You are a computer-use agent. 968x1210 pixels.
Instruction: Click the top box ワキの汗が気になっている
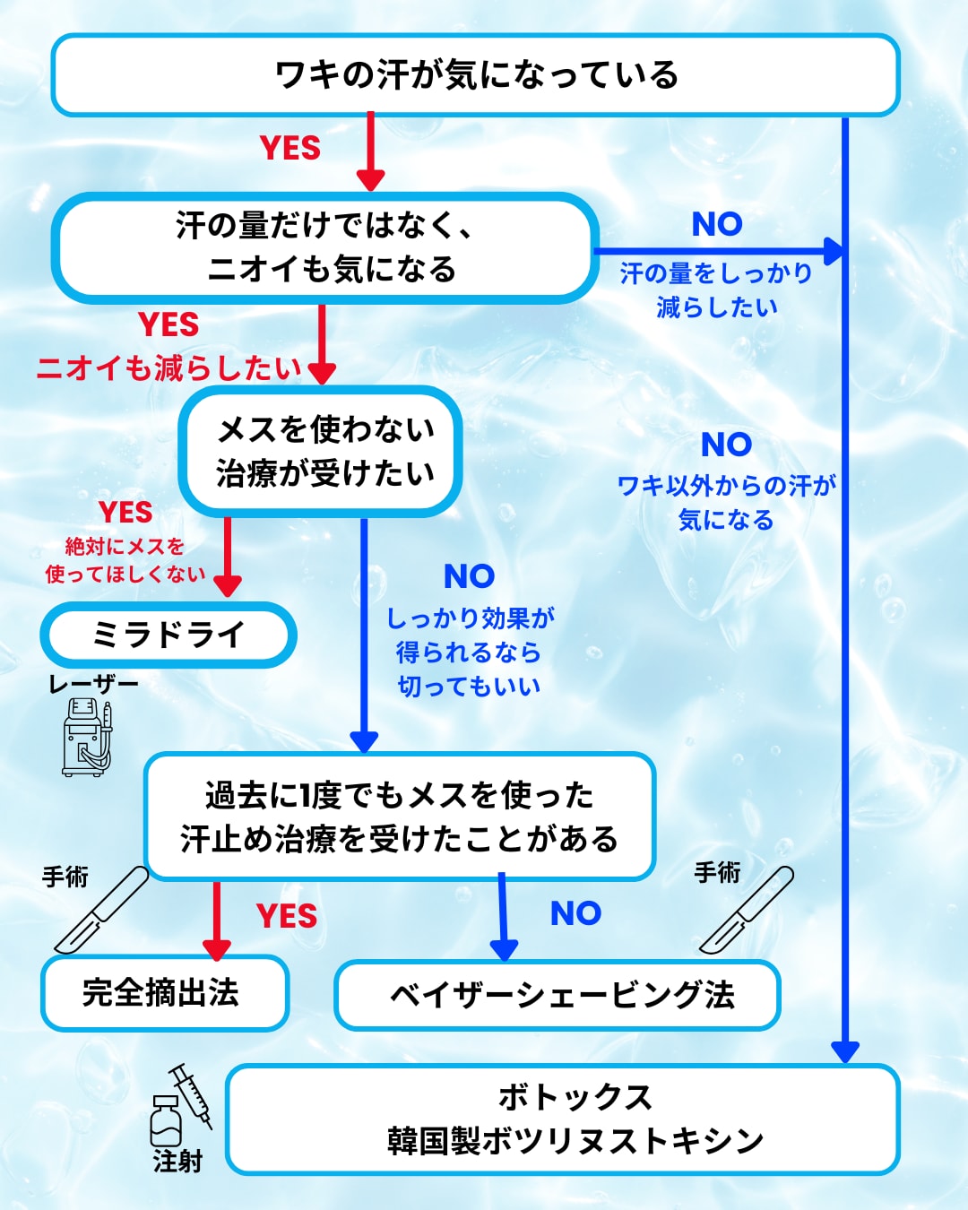(x=475, y=75)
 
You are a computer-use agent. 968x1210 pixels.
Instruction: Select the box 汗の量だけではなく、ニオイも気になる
(x=324, y=248)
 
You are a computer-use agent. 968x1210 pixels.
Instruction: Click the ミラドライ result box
(x=169, y=635)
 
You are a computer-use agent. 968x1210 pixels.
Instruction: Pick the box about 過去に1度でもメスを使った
(x=400, y=817)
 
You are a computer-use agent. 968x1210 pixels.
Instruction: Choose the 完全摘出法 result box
(x=165, y=993)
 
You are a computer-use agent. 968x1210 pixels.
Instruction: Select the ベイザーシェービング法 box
(x=557, y=995)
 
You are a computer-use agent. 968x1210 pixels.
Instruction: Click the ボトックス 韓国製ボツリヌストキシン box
(x=563, y=1119)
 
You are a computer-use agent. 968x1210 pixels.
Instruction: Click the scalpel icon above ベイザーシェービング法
(x=747, y=911)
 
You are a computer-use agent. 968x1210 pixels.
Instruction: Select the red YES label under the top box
(x=290, y=148)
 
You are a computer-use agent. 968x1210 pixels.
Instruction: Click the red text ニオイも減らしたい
(x=169, y=367)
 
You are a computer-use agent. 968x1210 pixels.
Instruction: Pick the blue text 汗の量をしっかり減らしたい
(x=716, y=290)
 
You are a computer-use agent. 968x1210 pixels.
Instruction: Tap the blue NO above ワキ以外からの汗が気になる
(x=726, y=445)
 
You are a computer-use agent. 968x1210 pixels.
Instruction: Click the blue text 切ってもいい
(x=469, y=687)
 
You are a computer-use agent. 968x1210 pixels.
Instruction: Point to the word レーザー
(x=93, y=684)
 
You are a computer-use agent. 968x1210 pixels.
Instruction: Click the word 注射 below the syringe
(x=177, y=1162)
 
